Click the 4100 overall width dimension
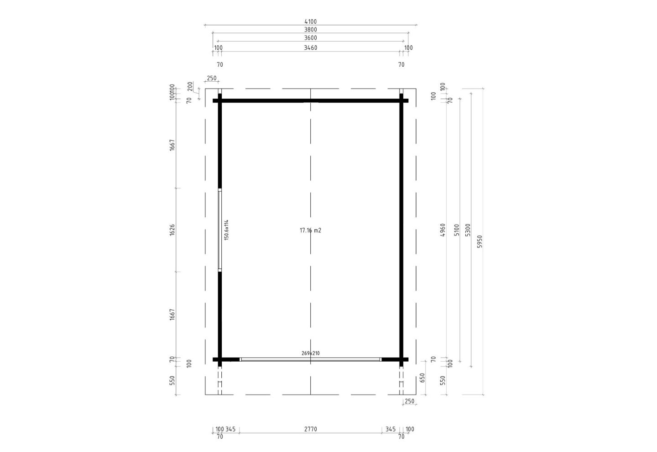pyautogui.click(x=311, y=21)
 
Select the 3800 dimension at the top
pyautogui.click(x=311, y=30)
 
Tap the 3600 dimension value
pyautogui.click(x=311, y=38)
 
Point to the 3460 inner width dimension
pyautogui.click(x=311, y=47)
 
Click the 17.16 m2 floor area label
pyautogui.click(x=310, y=231)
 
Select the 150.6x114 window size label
pyautogui.click(x=226, y=230)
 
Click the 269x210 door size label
pyautogui.click(x=311, y=353)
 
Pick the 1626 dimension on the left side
pyautogui.click(x=172, y=230)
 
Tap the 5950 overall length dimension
pyautogui.click(x=480, y=242)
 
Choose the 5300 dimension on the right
pyautogui.click(x=468, y=230)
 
